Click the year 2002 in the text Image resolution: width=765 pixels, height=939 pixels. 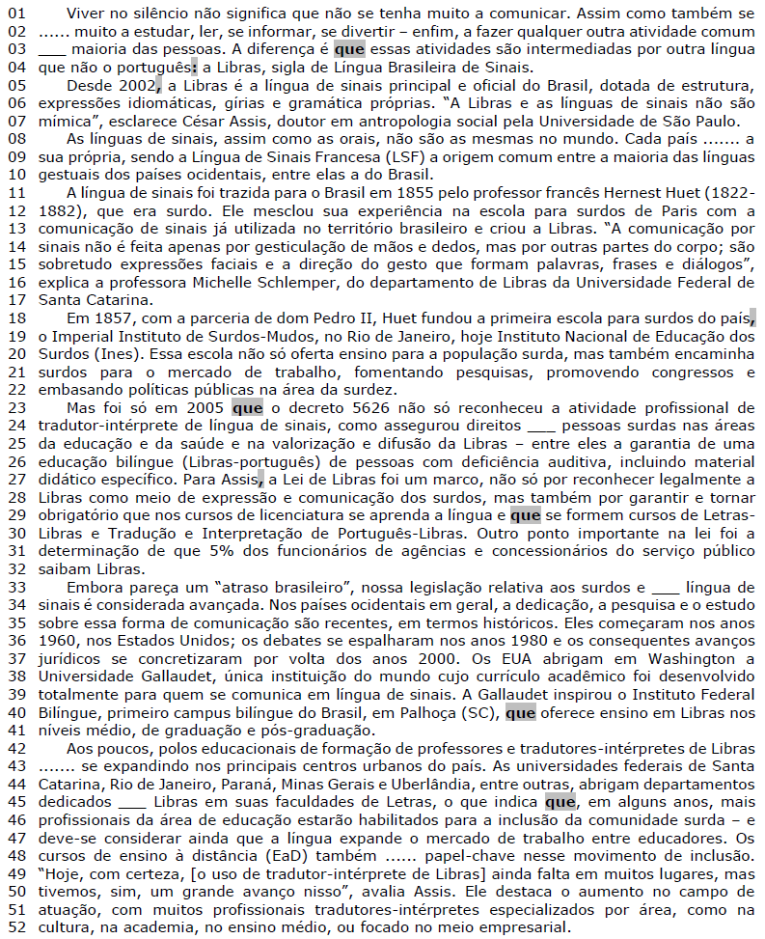pos(134,87)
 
